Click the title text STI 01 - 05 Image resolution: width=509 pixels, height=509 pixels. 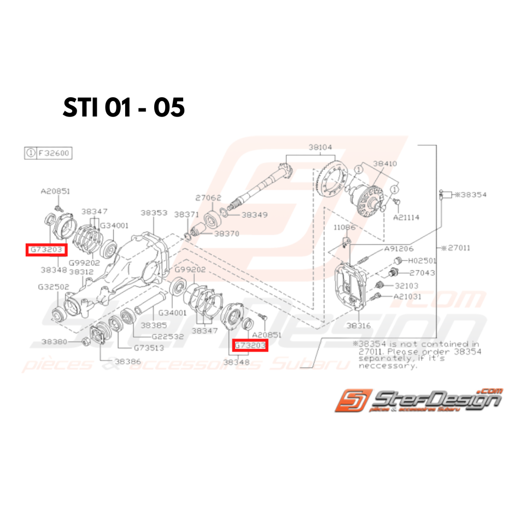click(124, 108)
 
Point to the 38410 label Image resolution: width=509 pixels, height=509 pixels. click(385, 163)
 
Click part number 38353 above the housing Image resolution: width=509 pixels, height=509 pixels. click(154, 212)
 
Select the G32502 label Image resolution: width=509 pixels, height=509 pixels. click(53, 286)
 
